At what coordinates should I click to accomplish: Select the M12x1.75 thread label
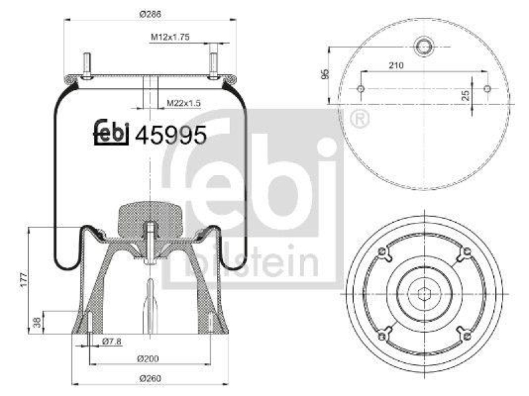169,38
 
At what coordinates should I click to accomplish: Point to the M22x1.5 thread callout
183,102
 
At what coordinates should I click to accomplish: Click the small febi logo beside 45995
110,133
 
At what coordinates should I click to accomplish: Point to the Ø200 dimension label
150,358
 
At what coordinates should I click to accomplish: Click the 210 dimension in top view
397,65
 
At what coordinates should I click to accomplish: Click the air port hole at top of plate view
423,46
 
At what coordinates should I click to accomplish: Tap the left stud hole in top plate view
360,89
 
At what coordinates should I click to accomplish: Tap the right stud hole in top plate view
487,89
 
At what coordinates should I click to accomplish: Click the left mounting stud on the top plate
86,66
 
